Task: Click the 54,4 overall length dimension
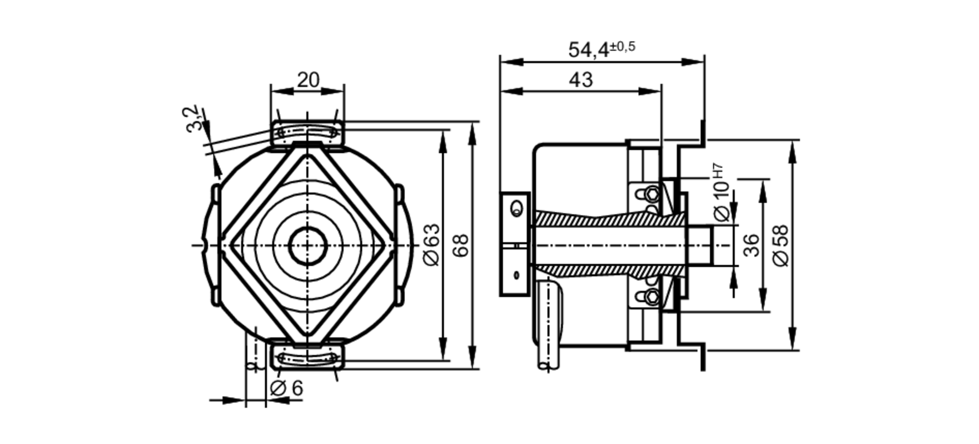tap(588, 50)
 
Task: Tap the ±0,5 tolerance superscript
tap(623, 47)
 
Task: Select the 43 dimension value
tap(581, 80)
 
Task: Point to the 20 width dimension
tap(308, 80)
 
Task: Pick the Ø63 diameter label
tap(432, 245)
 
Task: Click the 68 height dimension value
tap(460, 245)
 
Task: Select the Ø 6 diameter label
tap(287, 388)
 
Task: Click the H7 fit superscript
tap(718, 170)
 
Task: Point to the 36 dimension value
tap(751, 245)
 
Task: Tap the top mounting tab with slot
tap(307, 133)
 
